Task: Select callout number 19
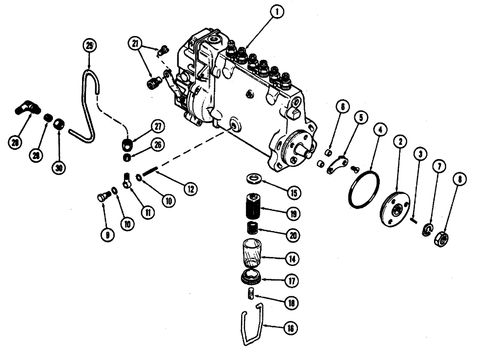pos(293,213)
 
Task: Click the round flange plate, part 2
pos(394,208)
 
